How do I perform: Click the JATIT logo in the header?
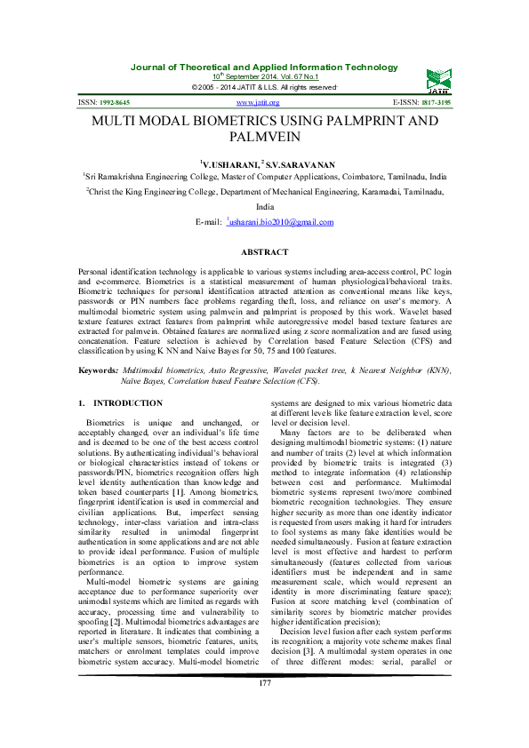[436, 78]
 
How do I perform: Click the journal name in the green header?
[264, 68]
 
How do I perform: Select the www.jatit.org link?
[264, 103]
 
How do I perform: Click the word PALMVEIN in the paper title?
[264, 139]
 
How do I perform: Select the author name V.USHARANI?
[230, 164]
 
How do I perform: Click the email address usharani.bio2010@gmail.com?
[281, 221]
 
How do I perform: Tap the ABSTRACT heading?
[264, 253]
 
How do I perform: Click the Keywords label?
[98, 369]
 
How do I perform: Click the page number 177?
[264, 707]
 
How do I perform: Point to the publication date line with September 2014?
[264, 77]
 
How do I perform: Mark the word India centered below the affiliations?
[264, 205]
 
